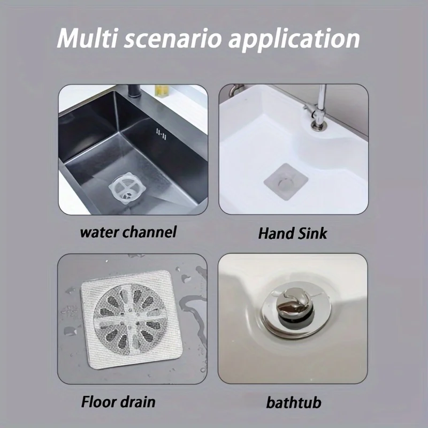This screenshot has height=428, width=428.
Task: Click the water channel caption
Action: tap(128, 232)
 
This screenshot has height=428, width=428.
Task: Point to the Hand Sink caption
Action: tap(293, 233)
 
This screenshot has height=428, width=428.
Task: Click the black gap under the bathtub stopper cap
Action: tap(293, 323)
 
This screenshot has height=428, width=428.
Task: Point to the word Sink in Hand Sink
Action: tap(310, 233)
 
